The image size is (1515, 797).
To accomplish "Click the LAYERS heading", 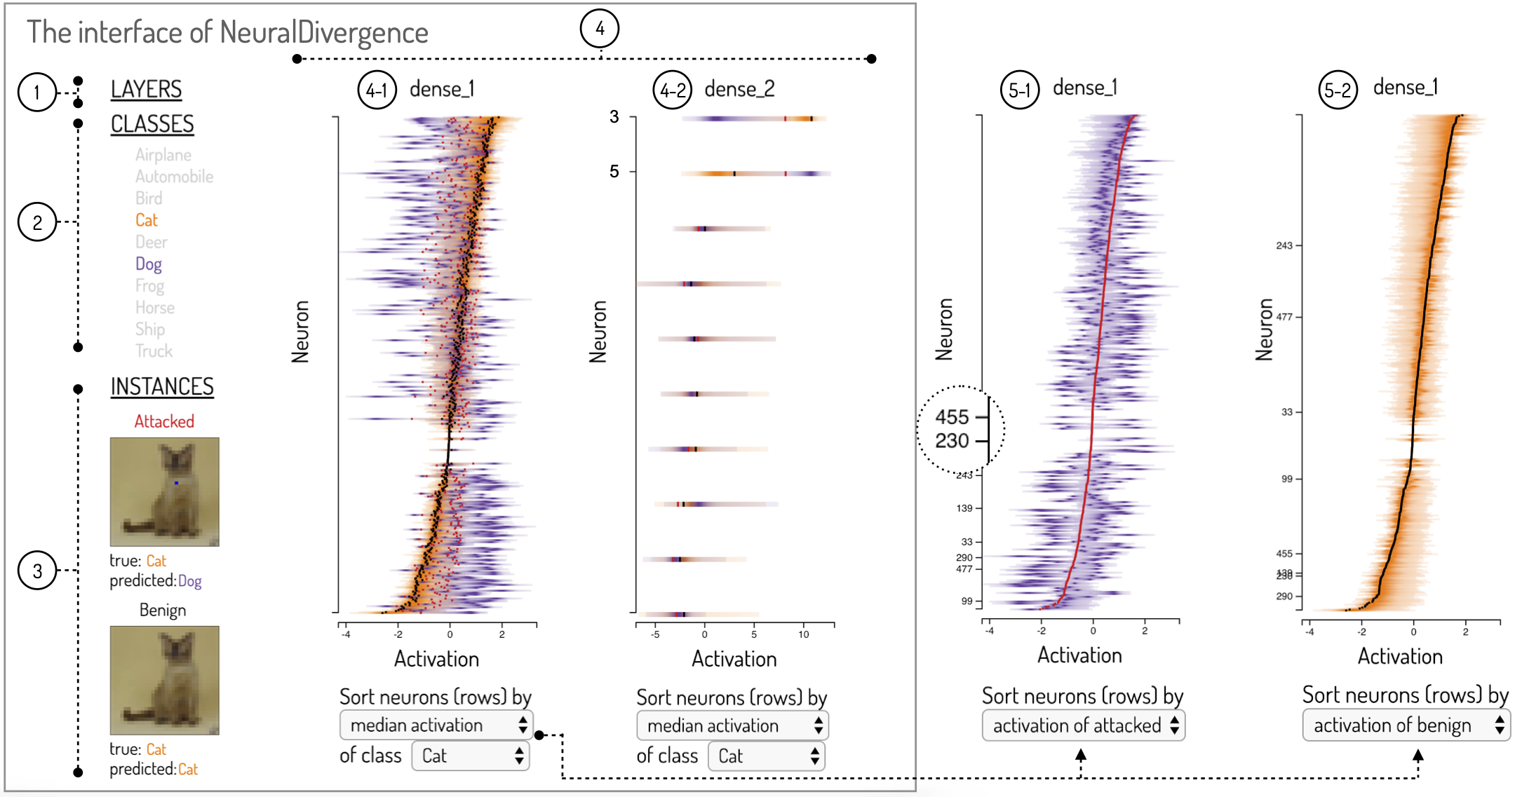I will pyautogui.click(x=146, y=90).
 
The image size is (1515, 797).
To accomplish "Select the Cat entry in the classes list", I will pyautogui.click(x=147, y=220).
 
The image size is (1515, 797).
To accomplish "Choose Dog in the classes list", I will pyautogui.click(x=149, y=264).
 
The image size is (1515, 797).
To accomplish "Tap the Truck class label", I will pyautogui.click(x=154, y=351).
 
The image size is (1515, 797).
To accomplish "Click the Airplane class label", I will pyautogui.click(x=163, y=155).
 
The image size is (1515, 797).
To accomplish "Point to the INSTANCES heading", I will pyautogui.click(x=162, y=387).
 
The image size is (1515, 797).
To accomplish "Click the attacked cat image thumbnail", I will pyautogui.click(x=164, y=492).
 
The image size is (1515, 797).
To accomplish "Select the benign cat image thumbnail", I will pyautogui.click(x=164, y=680).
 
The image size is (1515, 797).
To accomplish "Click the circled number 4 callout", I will pyautogui.click(x=600, y=29).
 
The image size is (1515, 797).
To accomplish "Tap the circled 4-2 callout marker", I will pyautogui.click(x=673, y=90).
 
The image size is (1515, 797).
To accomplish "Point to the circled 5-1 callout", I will pyautogui.click(x=1020, y=90).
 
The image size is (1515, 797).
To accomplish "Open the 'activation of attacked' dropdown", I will pyautogui.click(x=1084, y=726).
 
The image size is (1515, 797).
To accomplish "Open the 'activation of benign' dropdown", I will pyautogui.click(x=1406, y=725).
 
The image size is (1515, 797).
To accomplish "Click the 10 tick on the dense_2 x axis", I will pyautogui.click(x=804, y=634).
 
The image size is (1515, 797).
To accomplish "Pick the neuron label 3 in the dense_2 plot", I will pyautogui.click(x=614, y=117).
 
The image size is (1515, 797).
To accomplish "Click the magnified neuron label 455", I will pyautogui.click(x=952, y=417).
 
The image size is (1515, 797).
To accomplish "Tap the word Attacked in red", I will pyautogui.click(x=164, y=421).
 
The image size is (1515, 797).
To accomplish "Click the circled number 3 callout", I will pyautogui.click(x=37, y=571).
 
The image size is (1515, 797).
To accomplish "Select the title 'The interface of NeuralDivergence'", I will pyautogui.click(x=227, y=33).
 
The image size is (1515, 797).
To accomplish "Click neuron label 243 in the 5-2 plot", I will pyautogui.click(x=1284, y=245).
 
